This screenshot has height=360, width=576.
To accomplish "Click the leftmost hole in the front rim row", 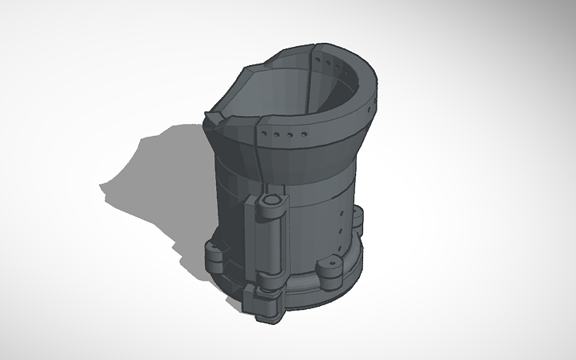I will pyautogui.click(x=266, y=134).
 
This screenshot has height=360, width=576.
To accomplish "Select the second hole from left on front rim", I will pyautogui.click(x=276, y=135).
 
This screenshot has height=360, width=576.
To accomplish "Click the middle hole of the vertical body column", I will pyautogui.click(x=342, y=222).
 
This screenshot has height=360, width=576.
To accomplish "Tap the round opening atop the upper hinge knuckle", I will pyautogui.click(x=272, y=198).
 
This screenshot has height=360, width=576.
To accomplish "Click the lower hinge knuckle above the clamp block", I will pyautogui.click(x=270, y=282).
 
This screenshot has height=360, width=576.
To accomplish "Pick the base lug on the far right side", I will pyautogui.click(x=359, y=219).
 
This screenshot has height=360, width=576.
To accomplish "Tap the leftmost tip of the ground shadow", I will pyautogui.click(x=100, y=188).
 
